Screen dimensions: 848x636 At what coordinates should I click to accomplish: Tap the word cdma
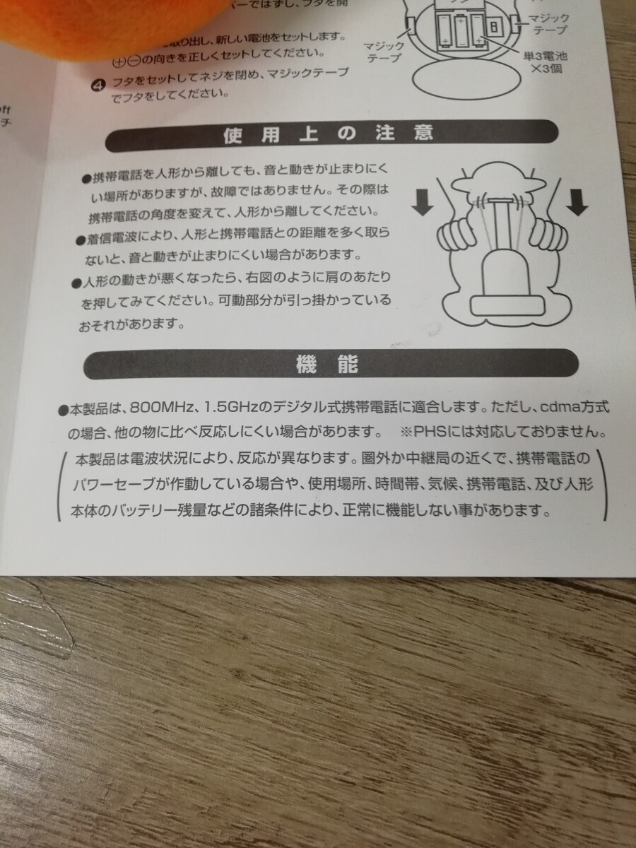tap(562, 408)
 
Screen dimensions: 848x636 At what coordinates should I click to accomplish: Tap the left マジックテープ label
tap(384, 52)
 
